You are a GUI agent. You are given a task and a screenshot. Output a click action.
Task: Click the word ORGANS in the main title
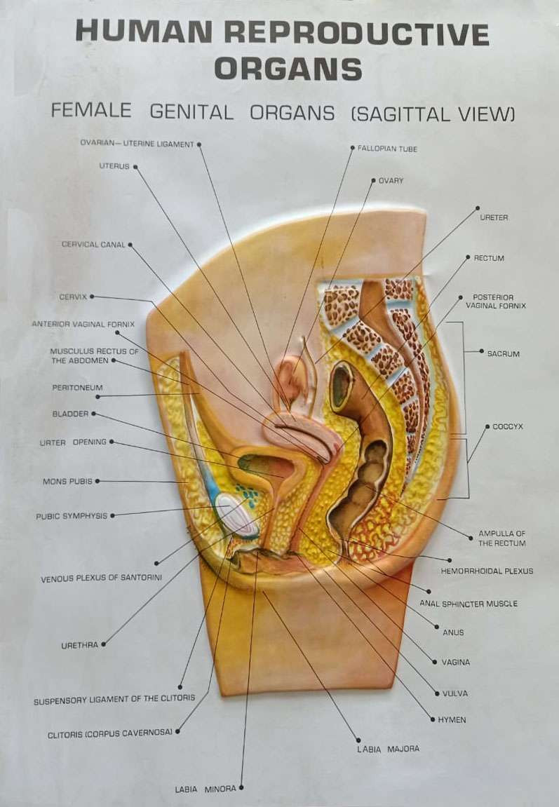point(288,69)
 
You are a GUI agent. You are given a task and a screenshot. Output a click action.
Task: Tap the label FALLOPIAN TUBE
point(387,149)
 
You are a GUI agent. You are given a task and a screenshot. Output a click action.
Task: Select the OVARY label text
point(391,181)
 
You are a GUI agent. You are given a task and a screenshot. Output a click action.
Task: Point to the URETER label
point(494,217)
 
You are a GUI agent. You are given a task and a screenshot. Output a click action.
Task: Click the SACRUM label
point(504,354)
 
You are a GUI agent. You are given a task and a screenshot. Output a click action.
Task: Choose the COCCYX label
point(508,426)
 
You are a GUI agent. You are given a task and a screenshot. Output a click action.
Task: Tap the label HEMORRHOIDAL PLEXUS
point(487,571)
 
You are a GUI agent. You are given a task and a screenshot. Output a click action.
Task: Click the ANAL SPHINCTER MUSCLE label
point(469,603)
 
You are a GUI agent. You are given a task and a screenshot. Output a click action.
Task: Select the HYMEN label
point(452,720)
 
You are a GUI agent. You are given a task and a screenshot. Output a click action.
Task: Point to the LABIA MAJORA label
point(388,749)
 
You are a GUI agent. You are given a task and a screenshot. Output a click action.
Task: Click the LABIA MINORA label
point(206,789)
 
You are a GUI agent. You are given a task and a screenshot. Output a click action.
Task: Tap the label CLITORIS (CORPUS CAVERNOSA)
point(110,733)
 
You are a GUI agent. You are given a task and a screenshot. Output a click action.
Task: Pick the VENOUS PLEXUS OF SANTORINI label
point(102,579)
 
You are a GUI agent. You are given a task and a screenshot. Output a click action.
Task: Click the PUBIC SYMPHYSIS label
point(72,516)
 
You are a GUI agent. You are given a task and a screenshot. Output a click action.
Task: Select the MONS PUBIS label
point(67,482)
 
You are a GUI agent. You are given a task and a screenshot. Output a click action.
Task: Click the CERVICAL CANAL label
point(93,245)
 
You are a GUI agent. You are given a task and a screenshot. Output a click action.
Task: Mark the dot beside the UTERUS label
point(135,167)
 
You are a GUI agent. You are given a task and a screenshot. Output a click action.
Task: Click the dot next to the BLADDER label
point(93,414)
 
